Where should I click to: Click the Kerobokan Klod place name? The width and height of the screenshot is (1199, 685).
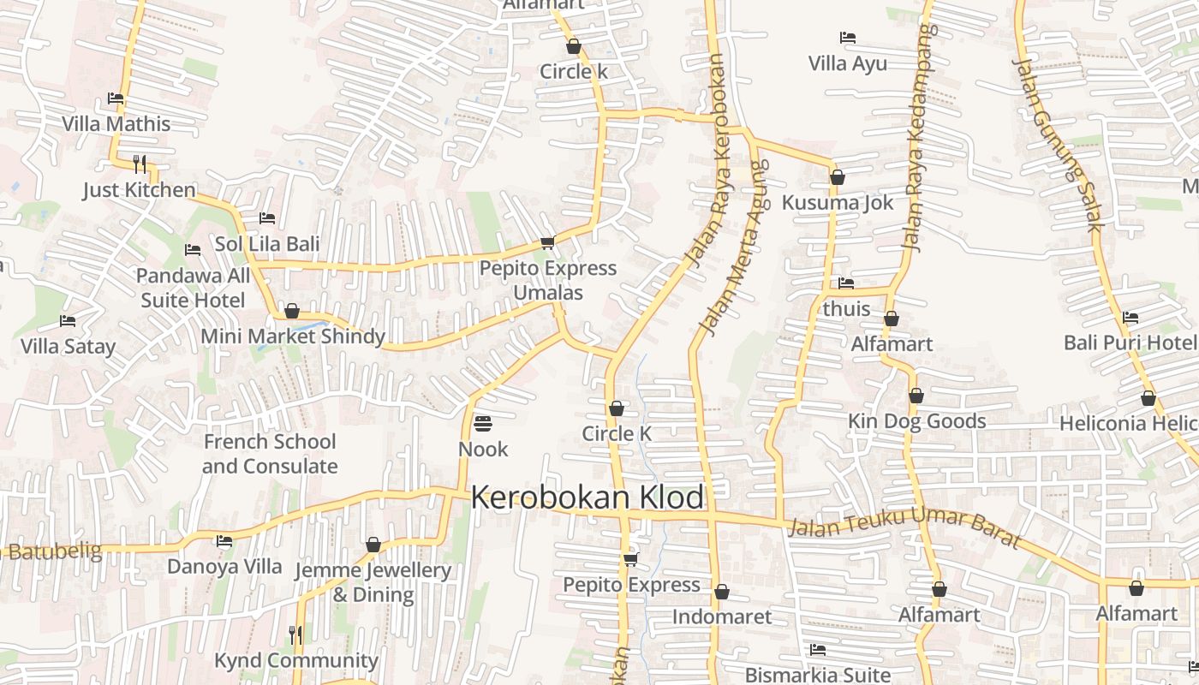(x=588, y=497)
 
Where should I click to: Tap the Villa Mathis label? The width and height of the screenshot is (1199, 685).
(x=116, y=124)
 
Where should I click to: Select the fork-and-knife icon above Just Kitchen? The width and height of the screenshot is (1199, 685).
(x=140, y=164)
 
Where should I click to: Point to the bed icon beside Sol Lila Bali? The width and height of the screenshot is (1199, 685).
(x=267, y=218)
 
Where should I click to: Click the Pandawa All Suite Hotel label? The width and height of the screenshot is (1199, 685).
(x=194, y=288)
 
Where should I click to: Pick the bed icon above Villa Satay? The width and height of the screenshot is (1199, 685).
(x=68, y=321)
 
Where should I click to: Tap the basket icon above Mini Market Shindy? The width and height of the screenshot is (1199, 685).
(x=292, y=311)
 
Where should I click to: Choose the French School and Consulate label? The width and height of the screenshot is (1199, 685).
(x=270, y=454)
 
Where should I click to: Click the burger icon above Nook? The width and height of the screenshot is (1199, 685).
(x=483, y=423)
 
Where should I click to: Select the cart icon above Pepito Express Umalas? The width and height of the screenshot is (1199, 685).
(x=547, y=243)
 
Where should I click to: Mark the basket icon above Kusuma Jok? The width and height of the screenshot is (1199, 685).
(x=838, y=177)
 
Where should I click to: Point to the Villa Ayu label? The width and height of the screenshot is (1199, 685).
(x=848, y=63)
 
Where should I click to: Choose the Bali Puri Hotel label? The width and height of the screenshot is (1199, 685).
(x=1130, y=342)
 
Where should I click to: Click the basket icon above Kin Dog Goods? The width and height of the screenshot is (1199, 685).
(x=916, y=396)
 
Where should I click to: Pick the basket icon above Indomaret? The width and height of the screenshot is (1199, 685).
(x=722, y=592)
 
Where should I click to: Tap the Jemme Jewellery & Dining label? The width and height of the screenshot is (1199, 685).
(x=373, y=582)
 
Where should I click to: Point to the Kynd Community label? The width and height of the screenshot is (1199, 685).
(x=295, y=660)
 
